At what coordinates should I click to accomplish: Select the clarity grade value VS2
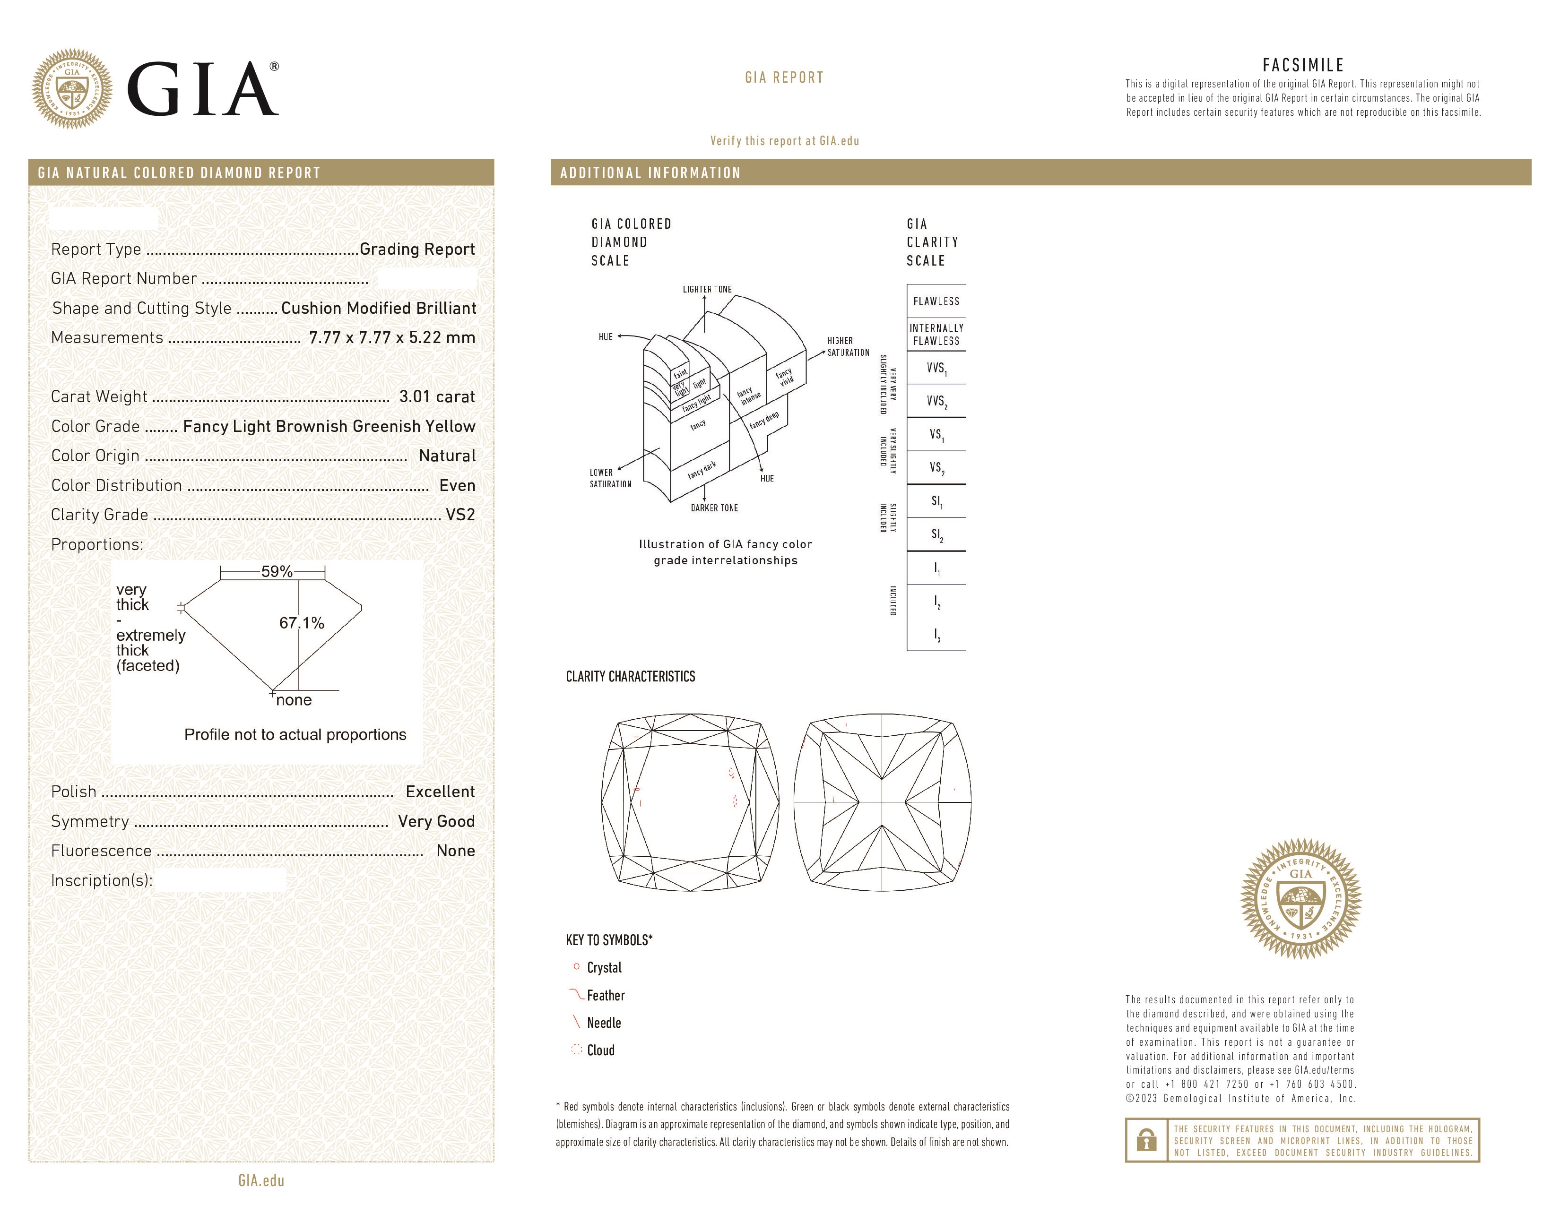[460, 515]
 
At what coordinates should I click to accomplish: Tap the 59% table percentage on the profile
[277, 572]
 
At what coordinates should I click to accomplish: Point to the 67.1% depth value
[302, 623]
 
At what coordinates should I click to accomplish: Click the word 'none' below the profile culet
[294, 700]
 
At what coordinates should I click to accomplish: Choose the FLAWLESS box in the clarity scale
[936, 301]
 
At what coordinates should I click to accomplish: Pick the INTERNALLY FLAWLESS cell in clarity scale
[936, 334]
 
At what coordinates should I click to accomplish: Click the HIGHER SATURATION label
[848, 346]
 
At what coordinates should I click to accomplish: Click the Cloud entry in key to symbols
[600, 1050]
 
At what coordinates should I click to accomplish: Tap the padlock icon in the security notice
[1146, 1140]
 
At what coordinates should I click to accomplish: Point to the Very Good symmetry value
[436, 822]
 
